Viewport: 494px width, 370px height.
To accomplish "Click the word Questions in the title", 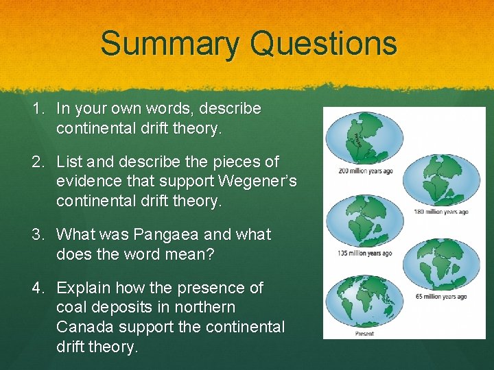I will click(x=324, y=43).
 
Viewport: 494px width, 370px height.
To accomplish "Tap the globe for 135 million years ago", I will click(x=355, y=224).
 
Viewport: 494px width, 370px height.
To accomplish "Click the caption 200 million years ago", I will click(x=365, y=171).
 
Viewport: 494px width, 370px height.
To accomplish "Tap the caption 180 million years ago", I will click(x=440, y=212).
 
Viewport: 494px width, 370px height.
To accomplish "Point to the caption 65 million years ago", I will click(x=442, y=296).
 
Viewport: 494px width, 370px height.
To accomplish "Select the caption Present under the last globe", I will click(x=364, y=334).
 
